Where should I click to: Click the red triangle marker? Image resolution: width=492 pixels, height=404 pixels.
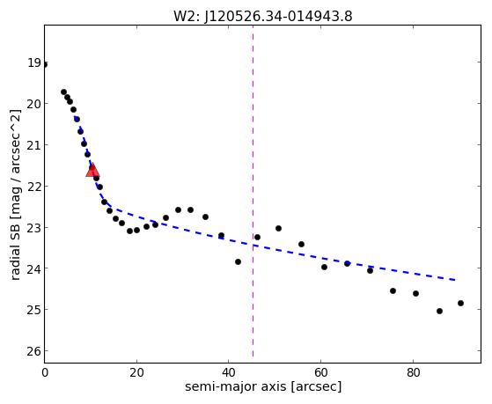coord(92,170)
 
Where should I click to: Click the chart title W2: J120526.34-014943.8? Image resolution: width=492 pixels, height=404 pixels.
coord(263,16)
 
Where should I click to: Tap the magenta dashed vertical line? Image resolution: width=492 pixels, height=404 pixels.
coord(253,191)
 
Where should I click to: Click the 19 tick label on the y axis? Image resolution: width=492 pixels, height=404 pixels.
coord(34,62)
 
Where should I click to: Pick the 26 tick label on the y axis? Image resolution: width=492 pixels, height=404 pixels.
coord(34,351)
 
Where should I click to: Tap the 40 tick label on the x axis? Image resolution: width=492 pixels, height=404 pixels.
coord(229,372)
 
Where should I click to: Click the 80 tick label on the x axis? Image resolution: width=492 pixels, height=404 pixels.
coord(413,372)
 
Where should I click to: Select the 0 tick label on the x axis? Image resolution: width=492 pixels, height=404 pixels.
coord(45,372)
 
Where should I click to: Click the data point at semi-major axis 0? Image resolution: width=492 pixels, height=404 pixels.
coord(45,64)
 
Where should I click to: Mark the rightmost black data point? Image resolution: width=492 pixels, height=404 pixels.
coord(460,304)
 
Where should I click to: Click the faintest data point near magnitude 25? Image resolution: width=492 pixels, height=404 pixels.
coord(439,311)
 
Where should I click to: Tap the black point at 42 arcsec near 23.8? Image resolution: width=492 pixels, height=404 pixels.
coord(238,261)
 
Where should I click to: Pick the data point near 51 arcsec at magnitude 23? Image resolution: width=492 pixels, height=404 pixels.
coord(278,228)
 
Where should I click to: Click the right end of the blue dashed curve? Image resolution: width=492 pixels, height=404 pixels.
coord(455,280)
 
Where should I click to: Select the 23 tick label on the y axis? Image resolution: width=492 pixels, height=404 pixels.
coord(34,227)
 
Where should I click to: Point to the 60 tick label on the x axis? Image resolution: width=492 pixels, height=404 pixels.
coord(320,372)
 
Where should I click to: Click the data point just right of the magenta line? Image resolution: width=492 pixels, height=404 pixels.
coord(257,237)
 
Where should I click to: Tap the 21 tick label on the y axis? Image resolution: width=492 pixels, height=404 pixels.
coord(34,145)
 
